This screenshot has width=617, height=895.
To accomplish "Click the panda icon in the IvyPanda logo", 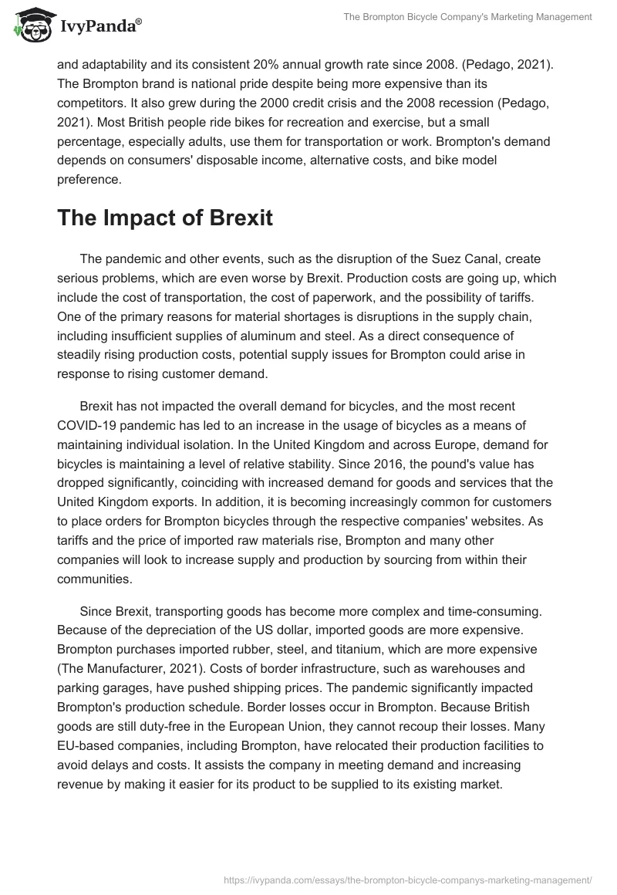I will (31, 25).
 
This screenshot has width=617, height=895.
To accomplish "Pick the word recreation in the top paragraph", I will (335, 121).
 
